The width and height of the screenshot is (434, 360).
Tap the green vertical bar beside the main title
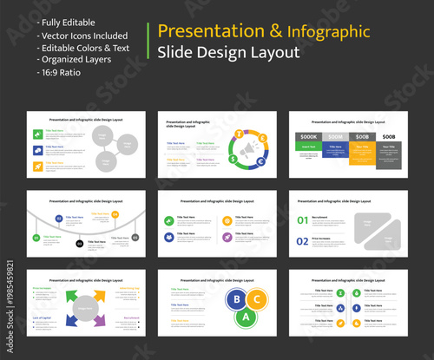click(x=149, y=41)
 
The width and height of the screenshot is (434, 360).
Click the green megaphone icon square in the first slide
click(x=38, y=134)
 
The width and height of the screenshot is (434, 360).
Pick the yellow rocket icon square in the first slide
click(x=38, y=164)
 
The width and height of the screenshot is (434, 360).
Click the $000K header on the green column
click(x=308, y=137)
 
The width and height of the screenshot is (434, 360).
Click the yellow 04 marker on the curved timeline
click(x=115, y=214)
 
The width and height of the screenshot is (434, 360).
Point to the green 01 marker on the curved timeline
click(x=36, y=236)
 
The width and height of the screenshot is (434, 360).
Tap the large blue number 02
click(x=302, y=242)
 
